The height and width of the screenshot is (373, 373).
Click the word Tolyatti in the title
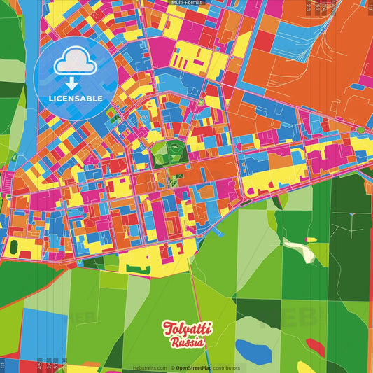[x=184, y=329]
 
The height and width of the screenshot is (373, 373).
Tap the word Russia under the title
[x=187, y=342]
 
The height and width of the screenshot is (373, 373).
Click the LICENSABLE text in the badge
[x=76, y=98]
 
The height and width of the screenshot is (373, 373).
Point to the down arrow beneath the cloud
[x=73, y=83]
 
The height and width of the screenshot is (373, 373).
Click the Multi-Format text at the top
[x=187, y=3]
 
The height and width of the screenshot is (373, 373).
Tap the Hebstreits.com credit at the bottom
[x=150, y=367]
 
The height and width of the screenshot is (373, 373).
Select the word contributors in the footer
[x=228, y=367]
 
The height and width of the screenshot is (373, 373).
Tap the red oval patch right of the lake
[x=316, y=345]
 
